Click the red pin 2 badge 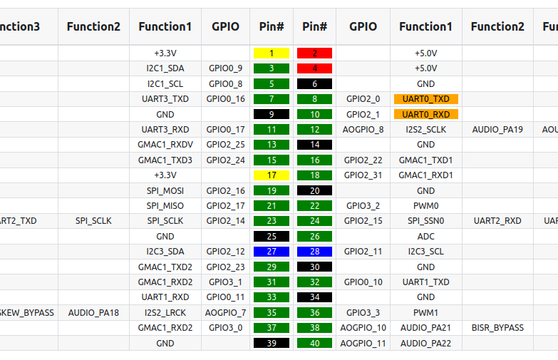314,53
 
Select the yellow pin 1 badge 272,53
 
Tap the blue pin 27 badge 272,251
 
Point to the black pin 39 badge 272,343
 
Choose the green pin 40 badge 314,343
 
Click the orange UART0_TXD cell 426,99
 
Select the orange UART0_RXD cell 426,114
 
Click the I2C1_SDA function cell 165,68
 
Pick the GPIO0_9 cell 225,68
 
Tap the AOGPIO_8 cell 363,130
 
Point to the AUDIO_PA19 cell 497,130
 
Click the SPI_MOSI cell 165,190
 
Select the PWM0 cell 426,205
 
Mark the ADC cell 426,236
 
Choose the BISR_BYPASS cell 497,328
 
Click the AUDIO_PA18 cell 93,312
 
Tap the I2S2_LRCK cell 165,312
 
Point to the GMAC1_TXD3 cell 165,160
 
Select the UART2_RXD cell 497,221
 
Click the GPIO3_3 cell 363,312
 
